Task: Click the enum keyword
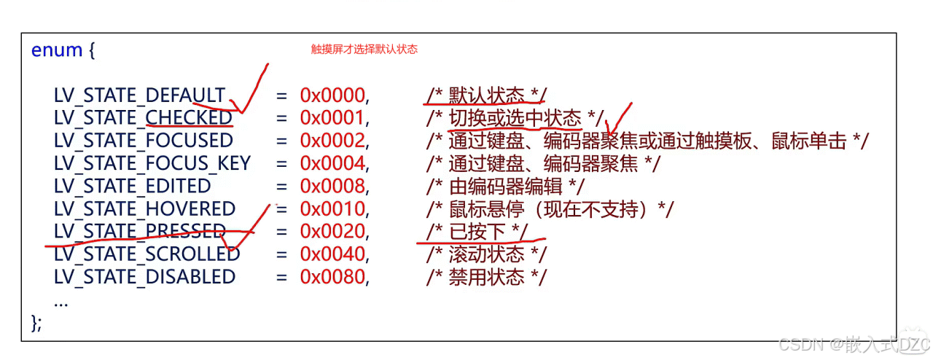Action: click(57, 50)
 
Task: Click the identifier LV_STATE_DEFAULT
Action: click(139, 95)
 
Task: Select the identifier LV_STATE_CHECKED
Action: click(143, 118)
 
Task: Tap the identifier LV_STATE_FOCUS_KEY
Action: click(152, 163)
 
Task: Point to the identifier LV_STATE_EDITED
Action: click(132, 186)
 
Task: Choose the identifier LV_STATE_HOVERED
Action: click(144, 209)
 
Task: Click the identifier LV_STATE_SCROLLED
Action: click(147, 254)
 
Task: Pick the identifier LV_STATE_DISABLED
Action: click(144, 277)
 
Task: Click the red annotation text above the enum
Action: click(364, 50)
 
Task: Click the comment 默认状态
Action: click(486, 95)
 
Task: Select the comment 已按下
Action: click(477, 232)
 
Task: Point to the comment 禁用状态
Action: click(486, 277)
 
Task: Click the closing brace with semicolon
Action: click(37, 323)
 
